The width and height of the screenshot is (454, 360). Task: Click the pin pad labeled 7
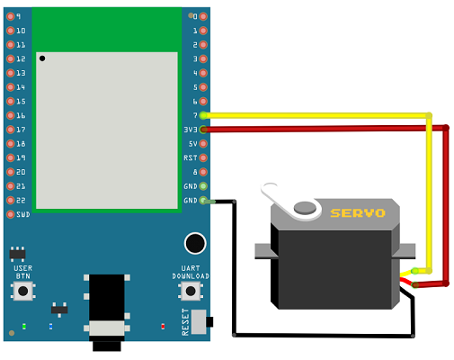click(203, 115)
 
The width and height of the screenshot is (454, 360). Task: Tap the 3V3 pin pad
click(203, 130)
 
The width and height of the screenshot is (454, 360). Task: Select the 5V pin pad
click(203, 144)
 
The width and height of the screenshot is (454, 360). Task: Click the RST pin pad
click(203, 157)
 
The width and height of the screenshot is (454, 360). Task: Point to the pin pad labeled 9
click(11, 16)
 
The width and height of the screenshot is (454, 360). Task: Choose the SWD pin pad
click(11, 214)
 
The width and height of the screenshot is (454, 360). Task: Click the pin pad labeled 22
click(11, 200)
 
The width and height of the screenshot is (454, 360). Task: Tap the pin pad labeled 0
click(203, 16)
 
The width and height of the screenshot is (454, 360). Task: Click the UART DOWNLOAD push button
click(191, 291)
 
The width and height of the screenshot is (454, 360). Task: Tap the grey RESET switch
click(199, 322)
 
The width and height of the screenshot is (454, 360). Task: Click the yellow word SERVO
click(358, 213)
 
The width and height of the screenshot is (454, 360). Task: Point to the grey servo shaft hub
click(305, 208)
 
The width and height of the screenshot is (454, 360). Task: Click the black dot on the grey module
click(42, 58)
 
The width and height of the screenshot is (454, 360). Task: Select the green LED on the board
click(24, 326)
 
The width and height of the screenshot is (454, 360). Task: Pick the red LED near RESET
click(163, 326)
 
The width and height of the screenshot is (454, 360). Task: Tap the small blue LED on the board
click(50, 326)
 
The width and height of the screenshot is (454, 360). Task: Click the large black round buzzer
click(195, 243)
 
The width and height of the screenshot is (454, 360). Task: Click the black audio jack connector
click(107, 312)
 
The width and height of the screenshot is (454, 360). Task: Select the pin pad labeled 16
click(11, 115)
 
